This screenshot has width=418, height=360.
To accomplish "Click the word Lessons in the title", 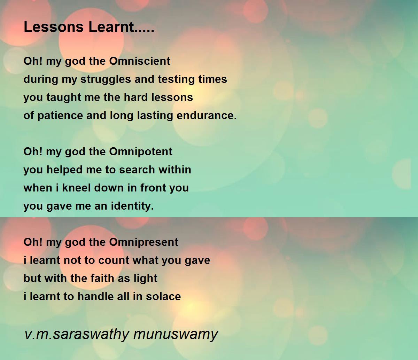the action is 54,27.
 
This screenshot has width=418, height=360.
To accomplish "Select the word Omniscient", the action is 140,61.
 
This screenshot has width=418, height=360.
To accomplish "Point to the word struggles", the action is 106,80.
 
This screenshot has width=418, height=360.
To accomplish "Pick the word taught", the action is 64,98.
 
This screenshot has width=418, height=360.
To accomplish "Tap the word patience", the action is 60,116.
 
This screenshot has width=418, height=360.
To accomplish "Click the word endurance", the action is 207,116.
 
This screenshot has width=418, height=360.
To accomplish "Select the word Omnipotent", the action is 141,151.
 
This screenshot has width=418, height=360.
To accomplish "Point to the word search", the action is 137,170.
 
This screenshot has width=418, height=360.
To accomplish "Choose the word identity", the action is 132,206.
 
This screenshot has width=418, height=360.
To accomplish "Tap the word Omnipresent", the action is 144,243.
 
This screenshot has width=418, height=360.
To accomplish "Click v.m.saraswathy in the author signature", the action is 77,334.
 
